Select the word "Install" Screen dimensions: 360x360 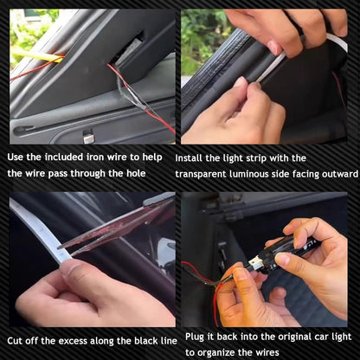(192, 158)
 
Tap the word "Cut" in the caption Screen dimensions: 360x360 (17, 340)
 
